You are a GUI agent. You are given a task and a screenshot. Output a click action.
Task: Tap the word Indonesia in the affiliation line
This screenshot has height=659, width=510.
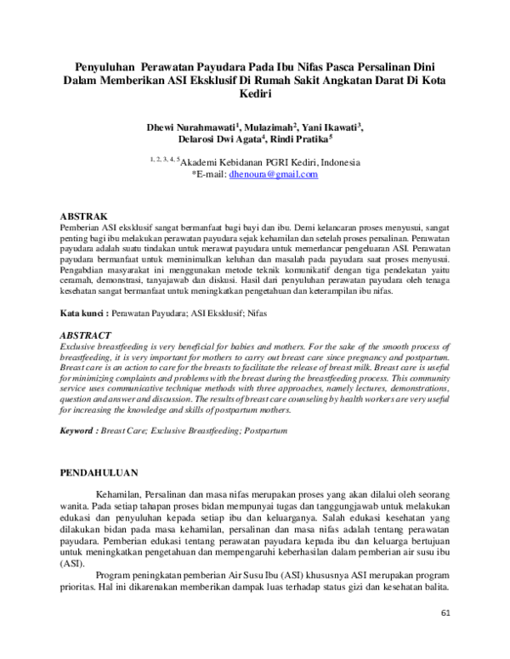click(x=335, y=162)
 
